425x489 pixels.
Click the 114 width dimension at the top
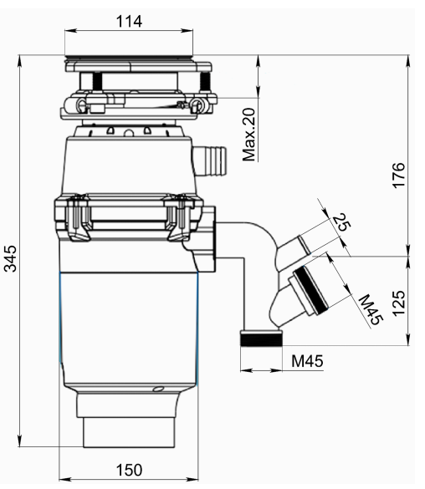pos(129,21)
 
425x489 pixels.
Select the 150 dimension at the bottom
pos(129,470)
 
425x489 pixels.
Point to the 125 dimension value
pos(399,300)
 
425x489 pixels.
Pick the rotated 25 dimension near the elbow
pos(340,222)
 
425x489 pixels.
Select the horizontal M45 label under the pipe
pos(306,360)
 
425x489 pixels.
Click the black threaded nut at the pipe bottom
pos(261,339)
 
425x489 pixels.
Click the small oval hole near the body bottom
pos(156,389)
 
